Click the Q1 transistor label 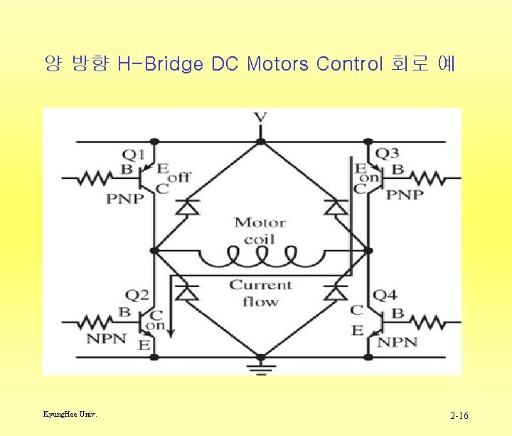pos(134,153)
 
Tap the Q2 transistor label pos(137,295)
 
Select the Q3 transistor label pos(387,153)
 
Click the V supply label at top pos(260,118)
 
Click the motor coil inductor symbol pos(260,254)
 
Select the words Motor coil pos(260,231)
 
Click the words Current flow pos(260,293)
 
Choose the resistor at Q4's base pos(427,322)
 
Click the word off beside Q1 pos(180,176)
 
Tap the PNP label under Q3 pos(404,194)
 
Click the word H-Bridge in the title pos(161,65)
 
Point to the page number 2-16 pos(459,415)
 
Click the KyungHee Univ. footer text pos(70,414)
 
